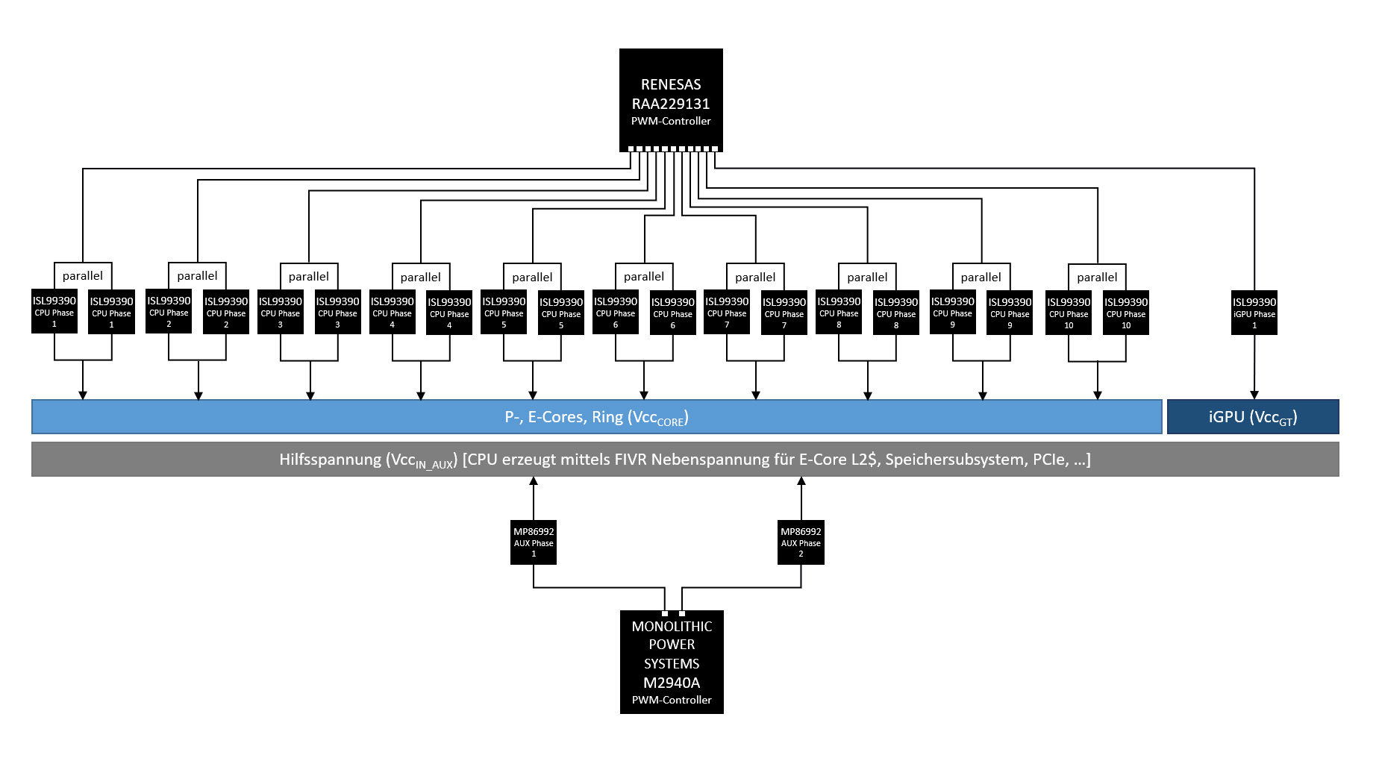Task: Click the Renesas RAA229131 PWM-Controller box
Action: (671, 100)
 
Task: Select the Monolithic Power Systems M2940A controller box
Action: (672, 662)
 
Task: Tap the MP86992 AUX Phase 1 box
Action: (534, 542)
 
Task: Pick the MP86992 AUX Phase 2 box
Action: (801, 542)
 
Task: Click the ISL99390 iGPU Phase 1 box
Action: (1254, 313)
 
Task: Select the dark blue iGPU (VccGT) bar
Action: (1253, 417)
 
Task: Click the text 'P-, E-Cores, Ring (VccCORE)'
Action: (596, 418)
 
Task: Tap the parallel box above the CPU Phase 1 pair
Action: (83, 275)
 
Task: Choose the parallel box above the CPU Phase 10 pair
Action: (1097, 277)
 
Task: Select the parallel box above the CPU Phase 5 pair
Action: (532, 277)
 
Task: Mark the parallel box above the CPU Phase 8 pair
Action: (867, 277)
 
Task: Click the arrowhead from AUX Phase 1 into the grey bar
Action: (534, 481)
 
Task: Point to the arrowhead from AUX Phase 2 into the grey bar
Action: (801, 481)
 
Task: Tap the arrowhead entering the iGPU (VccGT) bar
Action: (1254, 395)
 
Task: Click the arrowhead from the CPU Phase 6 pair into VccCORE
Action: (644, 395)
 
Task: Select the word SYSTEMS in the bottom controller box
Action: (672, 663)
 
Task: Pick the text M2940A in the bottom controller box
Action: (672, 682)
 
